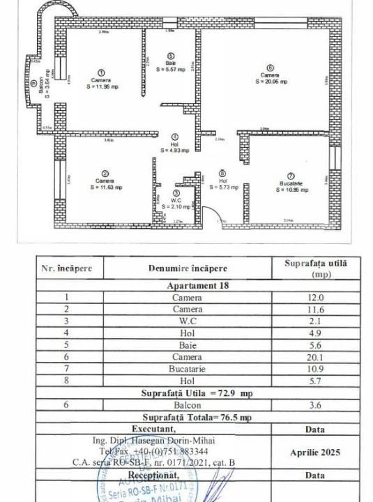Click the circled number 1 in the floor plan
(x=100, y=73)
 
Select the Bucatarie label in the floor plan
(x=291, y=183)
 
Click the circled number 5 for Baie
(x=170, y=56)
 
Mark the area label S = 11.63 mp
(x=105, y=188)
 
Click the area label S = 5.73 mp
(x=222, y=188)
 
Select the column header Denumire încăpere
(x=187, y=268)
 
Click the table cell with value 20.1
(x=315, y=356)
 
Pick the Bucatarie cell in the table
(x=187, y=367)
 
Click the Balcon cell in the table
(x=187, y=404)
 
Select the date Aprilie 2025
(x=316, y=452)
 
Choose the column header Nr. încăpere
(x=70, y=268)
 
